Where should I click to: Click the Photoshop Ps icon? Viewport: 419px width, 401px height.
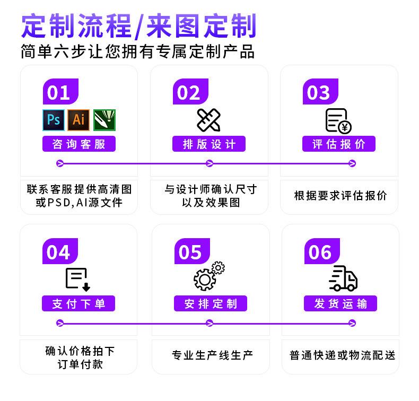pyautogui.click(x=53, y=120)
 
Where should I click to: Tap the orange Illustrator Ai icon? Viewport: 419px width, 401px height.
pyautogui.click(x=78, y=120)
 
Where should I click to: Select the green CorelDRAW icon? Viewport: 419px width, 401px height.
pyautogui.click(x=104, y=120)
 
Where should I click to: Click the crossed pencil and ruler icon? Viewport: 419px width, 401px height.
pyautogui.click(x=209, y=120)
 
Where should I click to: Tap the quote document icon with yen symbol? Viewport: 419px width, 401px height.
pyautogui.click(x=338, y=120)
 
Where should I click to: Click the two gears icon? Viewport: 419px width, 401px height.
pyautogui.click(x=208, y=276)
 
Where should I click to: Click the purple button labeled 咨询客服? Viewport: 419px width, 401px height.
pyautogui.click(x=79, y=144)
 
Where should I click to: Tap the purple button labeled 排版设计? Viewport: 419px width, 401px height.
pyautogui.click(x=209, y=144)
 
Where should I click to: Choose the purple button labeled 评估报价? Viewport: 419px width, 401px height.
pyautogui.click(x=339, y=144)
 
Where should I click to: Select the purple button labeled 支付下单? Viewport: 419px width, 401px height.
pyautogui.click(x=79, y=303)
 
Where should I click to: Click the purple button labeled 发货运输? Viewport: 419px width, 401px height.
pyautogui.click(x=340, y=303)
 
